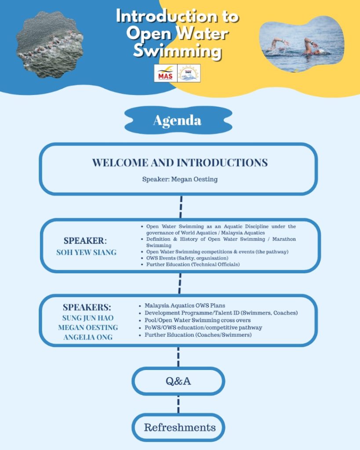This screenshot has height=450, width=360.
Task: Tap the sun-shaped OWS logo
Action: pyautogui.click(x=189, y=73)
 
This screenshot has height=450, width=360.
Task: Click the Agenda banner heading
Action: pyautogui.click(x=178, y=120)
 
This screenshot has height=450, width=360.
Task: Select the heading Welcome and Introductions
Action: pyautogui.click(x=180, y=163)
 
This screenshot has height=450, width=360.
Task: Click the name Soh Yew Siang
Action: pyautogui.click(x=86, y=252)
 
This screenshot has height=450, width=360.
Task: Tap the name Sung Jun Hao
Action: pyautogui.click(x=88, y=318)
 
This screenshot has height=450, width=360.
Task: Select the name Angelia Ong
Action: pyautogui.click(x=88, y=337)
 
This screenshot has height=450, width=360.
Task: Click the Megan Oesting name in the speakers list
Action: pyautogui.click(x=88, y=327)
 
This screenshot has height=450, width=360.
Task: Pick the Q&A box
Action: pyautogui.click(x=178, y=381)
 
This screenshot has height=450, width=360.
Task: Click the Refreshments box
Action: pyautogui.click(x=179, y=427)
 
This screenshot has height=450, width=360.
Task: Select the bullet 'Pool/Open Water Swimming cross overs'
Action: pyautogui.click(x=198, y=320)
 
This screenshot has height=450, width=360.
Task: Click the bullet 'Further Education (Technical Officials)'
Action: pyautogui.click(x=193, y=265)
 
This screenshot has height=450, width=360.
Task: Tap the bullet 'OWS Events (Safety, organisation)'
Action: pyautogui.click(x=187, y=258)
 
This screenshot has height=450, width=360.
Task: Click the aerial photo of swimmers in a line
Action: pyautogui.click(x=49, y=44)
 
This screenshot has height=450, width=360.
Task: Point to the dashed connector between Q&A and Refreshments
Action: pyautogui.click(x=178, y=404)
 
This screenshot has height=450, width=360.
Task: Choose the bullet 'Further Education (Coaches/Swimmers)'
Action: pyautogui.click(x=198, y=335)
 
